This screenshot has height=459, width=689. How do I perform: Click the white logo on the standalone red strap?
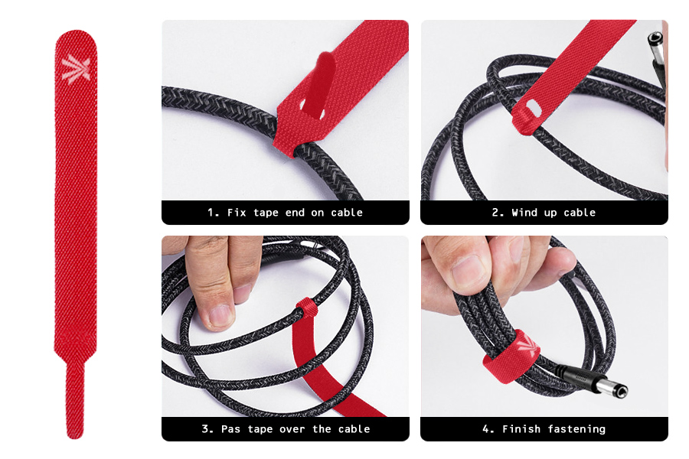[76, 69]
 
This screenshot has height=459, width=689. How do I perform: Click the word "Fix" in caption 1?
[237, 213]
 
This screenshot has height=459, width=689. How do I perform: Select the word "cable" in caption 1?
[347, 213]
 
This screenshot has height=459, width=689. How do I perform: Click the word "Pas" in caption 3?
[230, 428]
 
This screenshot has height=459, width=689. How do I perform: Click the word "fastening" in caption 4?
[576, 429]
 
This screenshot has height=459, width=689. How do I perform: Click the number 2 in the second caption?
[495, 213]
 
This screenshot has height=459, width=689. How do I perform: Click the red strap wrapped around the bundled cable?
[511, 355]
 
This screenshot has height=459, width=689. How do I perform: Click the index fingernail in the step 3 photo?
[220, 316]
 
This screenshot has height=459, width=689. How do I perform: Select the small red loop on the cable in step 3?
[306, 309]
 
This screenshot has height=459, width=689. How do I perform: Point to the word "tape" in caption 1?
[266, 213]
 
